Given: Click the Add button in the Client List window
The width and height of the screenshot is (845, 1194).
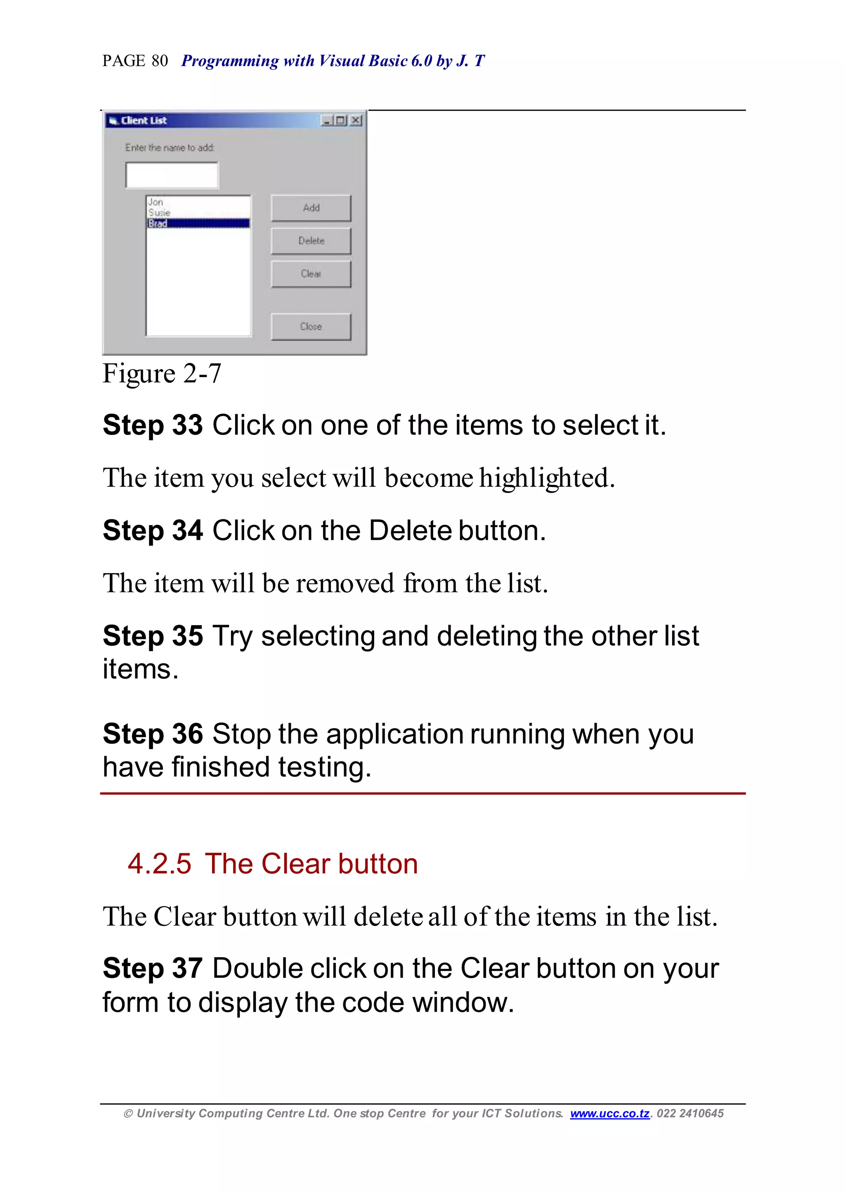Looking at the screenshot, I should coord(311,208).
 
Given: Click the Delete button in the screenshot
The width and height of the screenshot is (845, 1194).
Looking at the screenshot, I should coord(311,241).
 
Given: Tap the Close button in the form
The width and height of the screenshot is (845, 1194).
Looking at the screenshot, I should coord(311,327).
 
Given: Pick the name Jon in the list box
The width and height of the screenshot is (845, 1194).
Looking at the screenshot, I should coord(156,202).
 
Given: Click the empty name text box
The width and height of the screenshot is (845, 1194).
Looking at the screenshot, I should coord(172,175).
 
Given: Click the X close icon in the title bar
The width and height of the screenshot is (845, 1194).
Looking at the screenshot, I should coord(356,121).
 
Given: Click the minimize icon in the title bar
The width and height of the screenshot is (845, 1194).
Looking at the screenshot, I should coord(327,121).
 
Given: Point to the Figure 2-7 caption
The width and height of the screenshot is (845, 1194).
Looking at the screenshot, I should coord(162,374).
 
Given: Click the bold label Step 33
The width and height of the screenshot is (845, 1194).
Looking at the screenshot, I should coord(152,425).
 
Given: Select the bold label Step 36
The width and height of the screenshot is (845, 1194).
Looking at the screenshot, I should coord(152,734).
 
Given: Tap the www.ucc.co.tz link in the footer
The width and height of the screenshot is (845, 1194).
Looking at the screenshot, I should coord(609,1114).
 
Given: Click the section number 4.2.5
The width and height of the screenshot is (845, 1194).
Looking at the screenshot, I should coord(159,864).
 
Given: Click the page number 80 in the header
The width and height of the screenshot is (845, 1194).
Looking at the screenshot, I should coord(160,61).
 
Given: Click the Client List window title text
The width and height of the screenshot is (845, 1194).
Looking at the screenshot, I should coord(144,121).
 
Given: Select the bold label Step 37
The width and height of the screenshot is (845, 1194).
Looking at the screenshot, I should coord(152,969).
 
